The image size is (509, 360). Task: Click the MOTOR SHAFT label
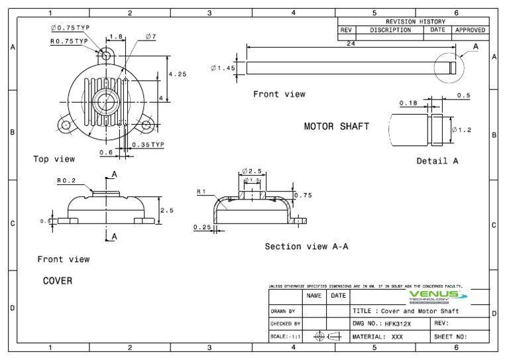pyautogui.click(x=336, y=126)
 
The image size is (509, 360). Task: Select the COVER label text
pyautogui.click(x=58, y=281)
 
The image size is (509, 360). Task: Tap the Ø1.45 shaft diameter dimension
pyautogui.click(x=223, y=68)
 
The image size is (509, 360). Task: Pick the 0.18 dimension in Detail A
pyautogui.click(x=408, y=103)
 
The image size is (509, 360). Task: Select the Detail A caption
pyautogui.click(x=437, y=161)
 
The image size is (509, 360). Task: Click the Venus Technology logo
pyautogui.click(x=437, y=296)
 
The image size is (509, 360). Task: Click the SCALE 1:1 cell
pyautogui.click(x=286, y=337)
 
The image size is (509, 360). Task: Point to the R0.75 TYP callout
pyautogui.click(x=70, y=41)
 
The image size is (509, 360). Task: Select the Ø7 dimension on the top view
pyautogui.click(x=149, y=37)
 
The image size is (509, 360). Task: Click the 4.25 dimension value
pyautogui.click(x=178, y=74)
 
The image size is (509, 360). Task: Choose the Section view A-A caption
pyautogui.click(x=306, y=247)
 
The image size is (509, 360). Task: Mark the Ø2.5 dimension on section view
pyautogui.click(x=253, y=171)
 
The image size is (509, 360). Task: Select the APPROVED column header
pyautogui.click(x=470, y=30)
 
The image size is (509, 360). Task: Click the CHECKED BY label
pyautogui.click(x=286, y=324)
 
